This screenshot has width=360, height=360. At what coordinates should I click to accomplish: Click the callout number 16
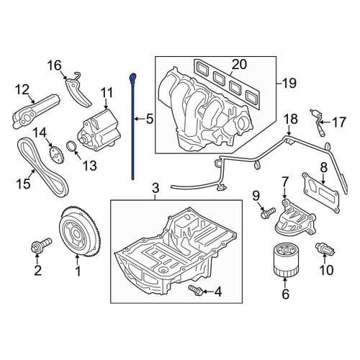[55, 66]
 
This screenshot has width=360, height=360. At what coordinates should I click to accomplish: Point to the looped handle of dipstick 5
[132, 77]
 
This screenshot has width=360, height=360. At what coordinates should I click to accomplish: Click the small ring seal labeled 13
[71, 147]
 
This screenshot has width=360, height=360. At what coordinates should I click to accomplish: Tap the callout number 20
[239, 64]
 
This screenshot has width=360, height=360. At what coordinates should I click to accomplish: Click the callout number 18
[291, 119]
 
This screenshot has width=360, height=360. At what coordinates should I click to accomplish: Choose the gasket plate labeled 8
[321, 194]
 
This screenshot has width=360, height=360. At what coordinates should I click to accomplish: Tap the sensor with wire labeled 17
[317, 122]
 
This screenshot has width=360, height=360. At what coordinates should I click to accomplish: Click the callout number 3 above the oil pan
[156, 188]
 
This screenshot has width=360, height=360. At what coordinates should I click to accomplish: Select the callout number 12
[22, 89]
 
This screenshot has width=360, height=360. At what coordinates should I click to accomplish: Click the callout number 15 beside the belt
[23, 184]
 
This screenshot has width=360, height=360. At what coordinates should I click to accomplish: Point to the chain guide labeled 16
[77, 90]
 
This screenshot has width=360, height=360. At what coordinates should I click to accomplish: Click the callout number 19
[289, 84]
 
